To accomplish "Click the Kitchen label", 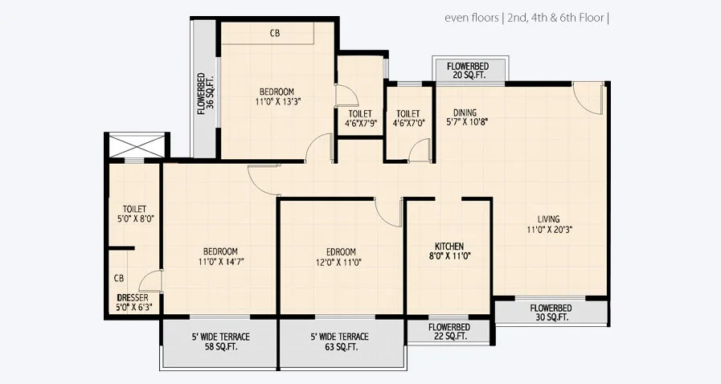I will click(449, 246).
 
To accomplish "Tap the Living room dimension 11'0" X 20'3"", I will click(549, 229).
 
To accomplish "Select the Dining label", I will click(465, 112).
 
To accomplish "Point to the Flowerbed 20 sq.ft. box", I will click(471, 70).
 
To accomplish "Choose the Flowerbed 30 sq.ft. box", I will click(551, 313).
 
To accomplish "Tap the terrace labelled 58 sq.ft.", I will click(220, 342).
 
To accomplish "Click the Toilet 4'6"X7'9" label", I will click(359, 119).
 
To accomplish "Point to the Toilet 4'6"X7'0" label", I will click(408, 119).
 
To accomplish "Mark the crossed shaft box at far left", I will click(137, 147).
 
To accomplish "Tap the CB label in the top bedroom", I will click(275, 33).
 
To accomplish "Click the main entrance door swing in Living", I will click(589, 97).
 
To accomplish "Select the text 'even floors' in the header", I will click(470, 17).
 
